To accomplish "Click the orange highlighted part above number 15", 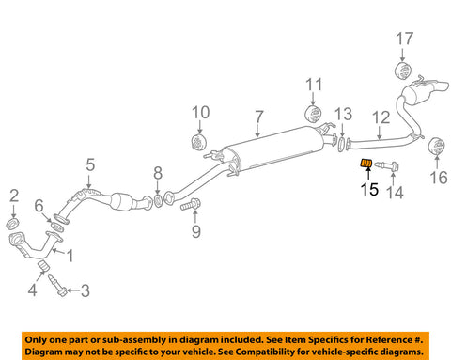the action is point(365,164).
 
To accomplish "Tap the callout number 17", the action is point(404,39).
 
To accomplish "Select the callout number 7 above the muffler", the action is point(259,117).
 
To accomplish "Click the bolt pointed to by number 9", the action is point(190,205).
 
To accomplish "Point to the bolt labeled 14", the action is point(387,165).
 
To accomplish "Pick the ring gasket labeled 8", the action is point(159,201).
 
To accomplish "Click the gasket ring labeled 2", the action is point(13,224).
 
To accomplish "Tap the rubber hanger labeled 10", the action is point(199,142).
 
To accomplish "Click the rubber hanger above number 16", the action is point(437,146).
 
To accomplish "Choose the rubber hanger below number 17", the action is point(403,70).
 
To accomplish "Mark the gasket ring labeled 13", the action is point(341,143).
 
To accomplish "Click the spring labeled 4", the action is point(44,265).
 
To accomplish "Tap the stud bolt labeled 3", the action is point(58,285).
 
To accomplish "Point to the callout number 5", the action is point(90,164).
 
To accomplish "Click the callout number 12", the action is point(381,117).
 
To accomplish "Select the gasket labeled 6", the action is point(56,227).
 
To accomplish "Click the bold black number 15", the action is point(369,189).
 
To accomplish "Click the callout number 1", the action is point(70,256).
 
